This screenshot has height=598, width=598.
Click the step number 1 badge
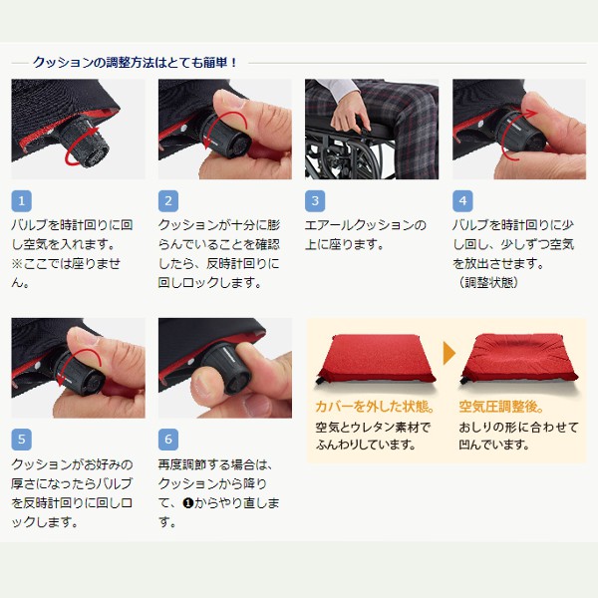[22, 200]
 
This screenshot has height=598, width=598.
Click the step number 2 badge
[169, 200]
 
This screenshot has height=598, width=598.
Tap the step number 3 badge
[316, 200]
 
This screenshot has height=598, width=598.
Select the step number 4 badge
[462, 200]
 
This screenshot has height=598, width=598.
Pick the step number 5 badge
[22, 440]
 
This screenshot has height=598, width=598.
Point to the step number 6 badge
[169, 440]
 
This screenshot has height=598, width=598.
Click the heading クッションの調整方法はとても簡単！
[136, 62]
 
